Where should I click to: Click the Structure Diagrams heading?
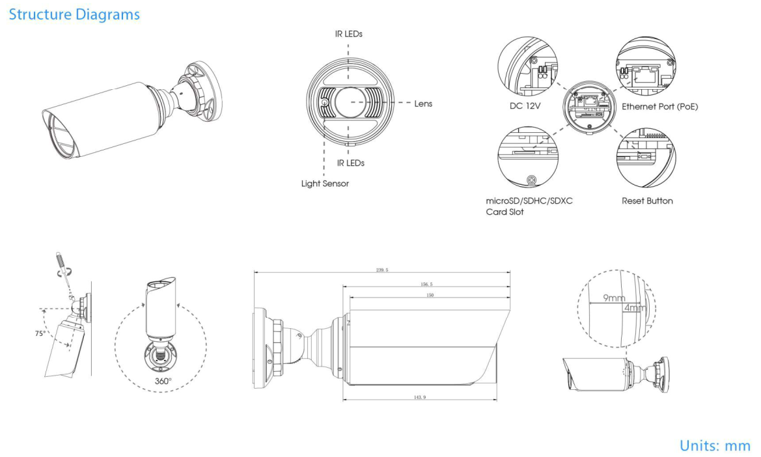[x=74, y=14]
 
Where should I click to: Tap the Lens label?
[x=422, y=104]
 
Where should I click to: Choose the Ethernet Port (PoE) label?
[x=659, y=106]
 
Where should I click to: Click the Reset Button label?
[x=647, y=201]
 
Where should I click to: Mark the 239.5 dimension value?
[x=382, y=270]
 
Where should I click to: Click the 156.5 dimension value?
[x=427, y=284]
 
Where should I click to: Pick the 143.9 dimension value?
[x=419, y=396]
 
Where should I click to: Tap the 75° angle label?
[x=40, y=333]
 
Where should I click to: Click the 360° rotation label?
[x=163, y=380]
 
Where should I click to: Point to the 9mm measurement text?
[x=613, y=298]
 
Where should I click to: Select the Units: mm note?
[x=715, y=445]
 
